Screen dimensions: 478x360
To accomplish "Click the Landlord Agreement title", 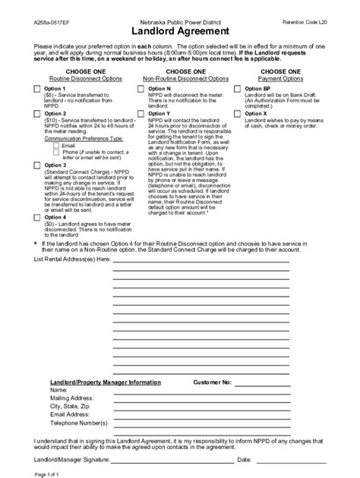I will click(179, 32).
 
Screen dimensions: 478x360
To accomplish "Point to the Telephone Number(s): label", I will click(78, 423).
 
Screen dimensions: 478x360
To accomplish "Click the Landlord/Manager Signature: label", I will click(74, 460).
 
